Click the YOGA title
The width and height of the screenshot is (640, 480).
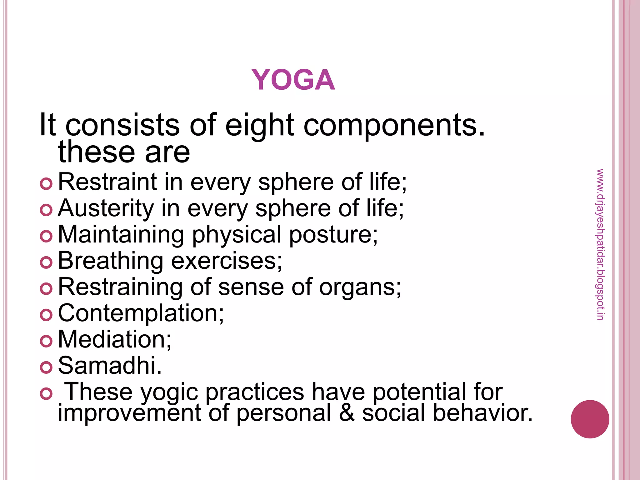[x=293, y=80]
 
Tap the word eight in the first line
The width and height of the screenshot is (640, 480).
[x=259, y=125]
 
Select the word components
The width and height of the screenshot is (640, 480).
[x=394, y=126]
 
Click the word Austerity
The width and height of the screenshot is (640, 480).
[x=106, y=208]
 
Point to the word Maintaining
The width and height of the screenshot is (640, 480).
[x=121, y=235]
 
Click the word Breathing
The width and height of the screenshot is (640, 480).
[x=110, y=261]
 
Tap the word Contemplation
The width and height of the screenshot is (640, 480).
[x=141, y=313]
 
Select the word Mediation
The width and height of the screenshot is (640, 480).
[x=114, y=339]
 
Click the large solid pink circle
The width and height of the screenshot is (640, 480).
[x=590, y=419]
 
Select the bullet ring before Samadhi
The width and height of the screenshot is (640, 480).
[x=46, y=367]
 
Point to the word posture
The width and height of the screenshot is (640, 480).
[x=333, y=235]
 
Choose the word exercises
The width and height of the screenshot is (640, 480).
[x=226, y=261]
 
